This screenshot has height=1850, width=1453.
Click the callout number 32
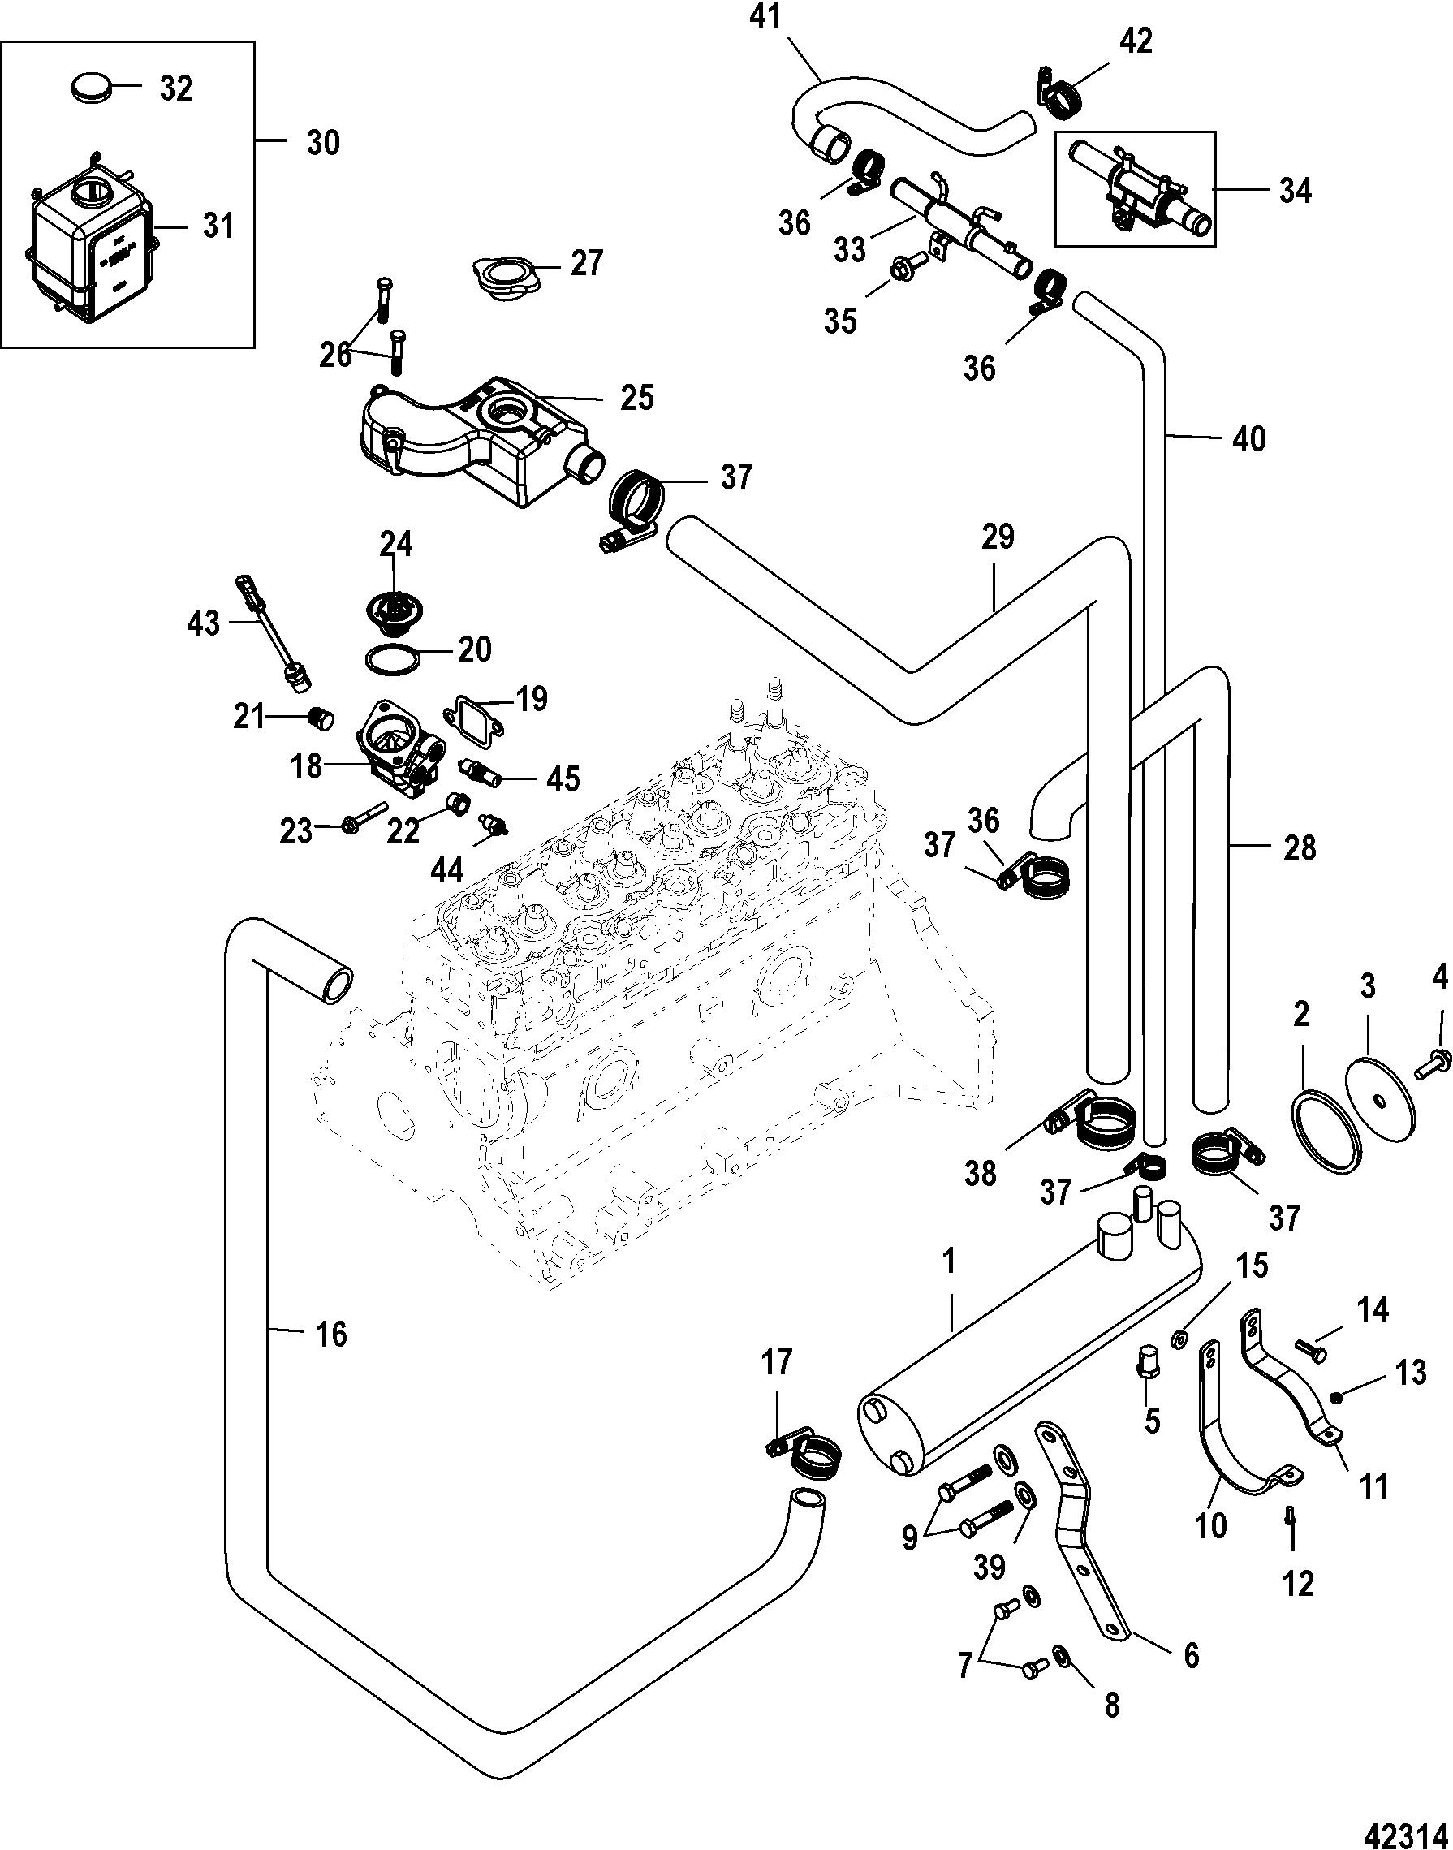(x=176, y=88)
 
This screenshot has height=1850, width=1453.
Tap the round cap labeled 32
(x=88, y=88)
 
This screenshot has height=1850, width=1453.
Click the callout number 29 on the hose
(x=998, y=538)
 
